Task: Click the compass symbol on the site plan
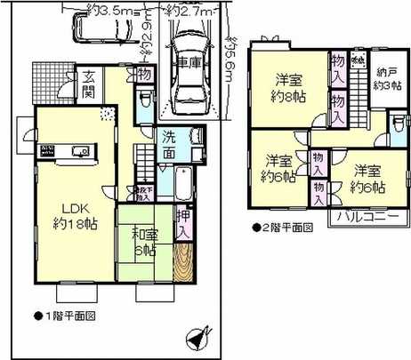(x=198, y=339)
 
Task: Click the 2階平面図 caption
(x=283, y=227)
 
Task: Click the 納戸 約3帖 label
(x=385, y=80)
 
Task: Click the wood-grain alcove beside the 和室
(x=184, y=261)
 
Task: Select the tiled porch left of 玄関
(x=50, y=82)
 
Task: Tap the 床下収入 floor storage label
(x=143, y=191)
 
